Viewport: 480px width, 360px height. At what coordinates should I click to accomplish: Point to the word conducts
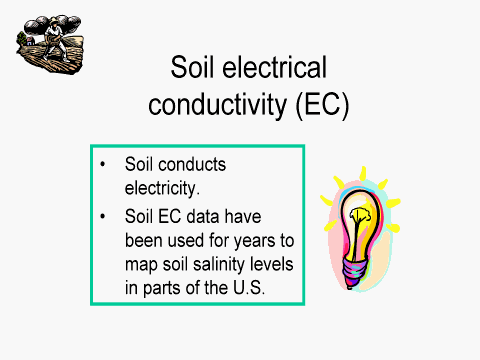tap(189, 164)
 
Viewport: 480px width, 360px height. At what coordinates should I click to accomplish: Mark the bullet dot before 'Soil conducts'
tap(104, 164)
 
